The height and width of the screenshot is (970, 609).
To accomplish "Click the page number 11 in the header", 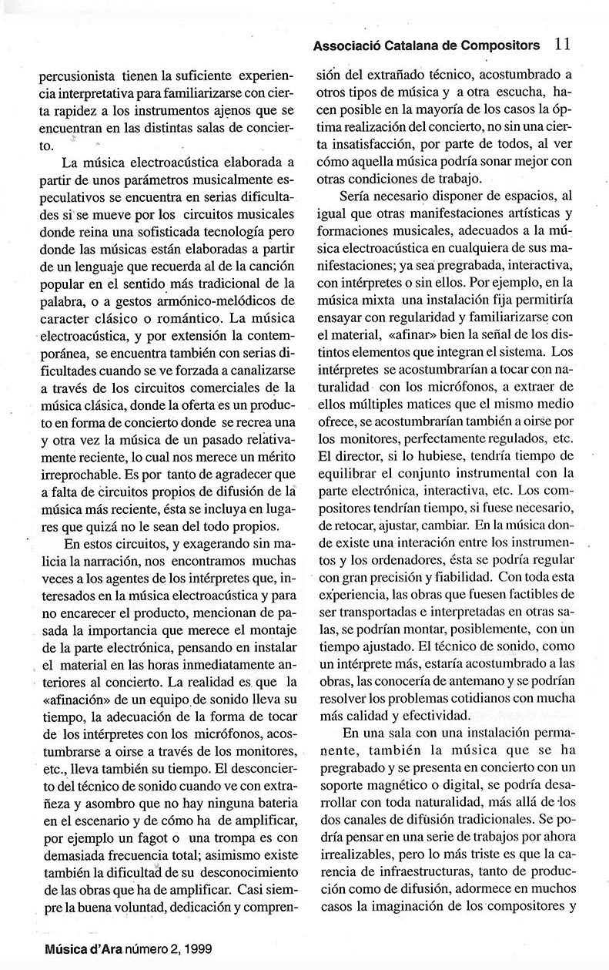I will [x=562, y=45].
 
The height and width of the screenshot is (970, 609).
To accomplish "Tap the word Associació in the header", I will [x=343, y=46].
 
